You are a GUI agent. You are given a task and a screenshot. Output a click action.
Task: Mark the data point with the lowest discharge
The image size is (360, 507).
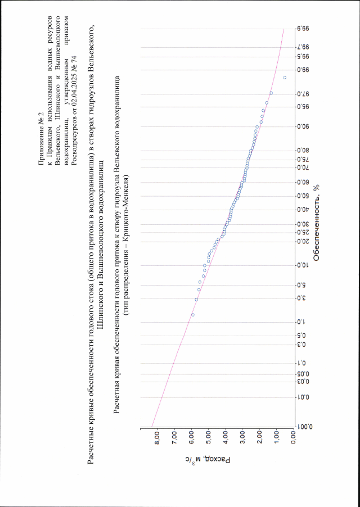click(285, 78)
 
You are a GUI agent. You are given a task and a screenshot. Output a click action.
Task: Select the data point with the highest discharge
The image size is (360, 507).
click(193, 315)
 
